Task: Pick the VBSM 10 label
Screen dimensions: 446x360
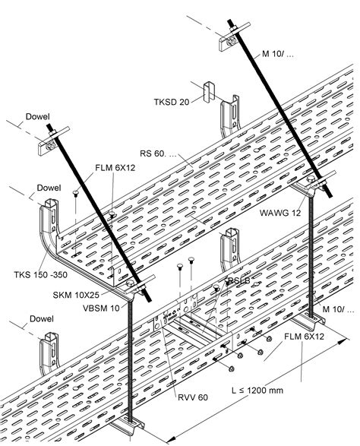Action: coord(88,307)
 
